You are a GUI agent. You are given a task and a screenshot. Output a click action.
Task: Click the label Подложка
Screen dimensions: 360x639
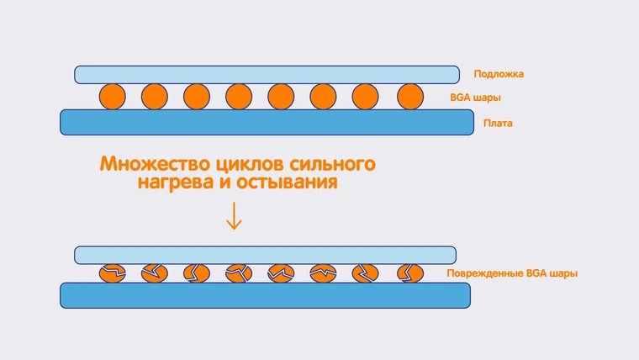pyautogui.click(x=499, y=74)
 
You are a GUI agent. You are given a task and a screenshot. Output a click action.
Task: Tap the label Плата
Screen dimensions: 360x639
pyautogui.click(x=497, y=124)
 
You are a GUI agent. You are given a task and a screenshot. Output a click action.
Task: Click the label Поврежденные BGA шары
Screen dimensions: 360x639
pyautogui.click(x=512, y=273)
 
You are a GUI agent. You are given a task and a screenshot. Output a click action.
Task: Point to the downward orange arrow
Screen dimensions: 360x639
pyautogui.click(x=234, y=216)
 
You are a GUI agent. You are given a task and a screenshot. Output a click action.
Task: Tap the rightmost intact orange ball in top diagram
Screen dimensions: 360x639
pyautogui.click(x=409, y=97)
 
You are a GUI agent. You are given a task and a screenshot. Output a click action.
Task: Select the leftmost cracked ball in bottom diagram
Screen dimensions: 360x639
pyautogui.click(x=112, y=273)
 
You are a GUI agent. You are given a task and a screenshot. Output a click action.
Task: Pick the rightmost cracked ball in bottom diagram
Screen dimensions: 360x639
pyautogui.click(x=409, y=273)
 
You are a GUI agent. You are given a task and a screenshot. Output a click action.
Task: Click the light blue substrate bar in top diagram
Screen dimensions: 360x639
pyautogui.click(x=267, y=74)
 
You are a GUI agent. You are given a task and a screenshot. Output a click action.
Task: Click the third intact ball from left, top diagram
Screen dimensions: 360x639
pyautogui.click(x=197, y=97)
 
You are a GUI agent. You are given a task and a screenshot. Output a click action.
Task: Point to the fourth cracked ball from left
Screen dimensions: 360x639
pyautogui.click(x=239, y=273)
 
